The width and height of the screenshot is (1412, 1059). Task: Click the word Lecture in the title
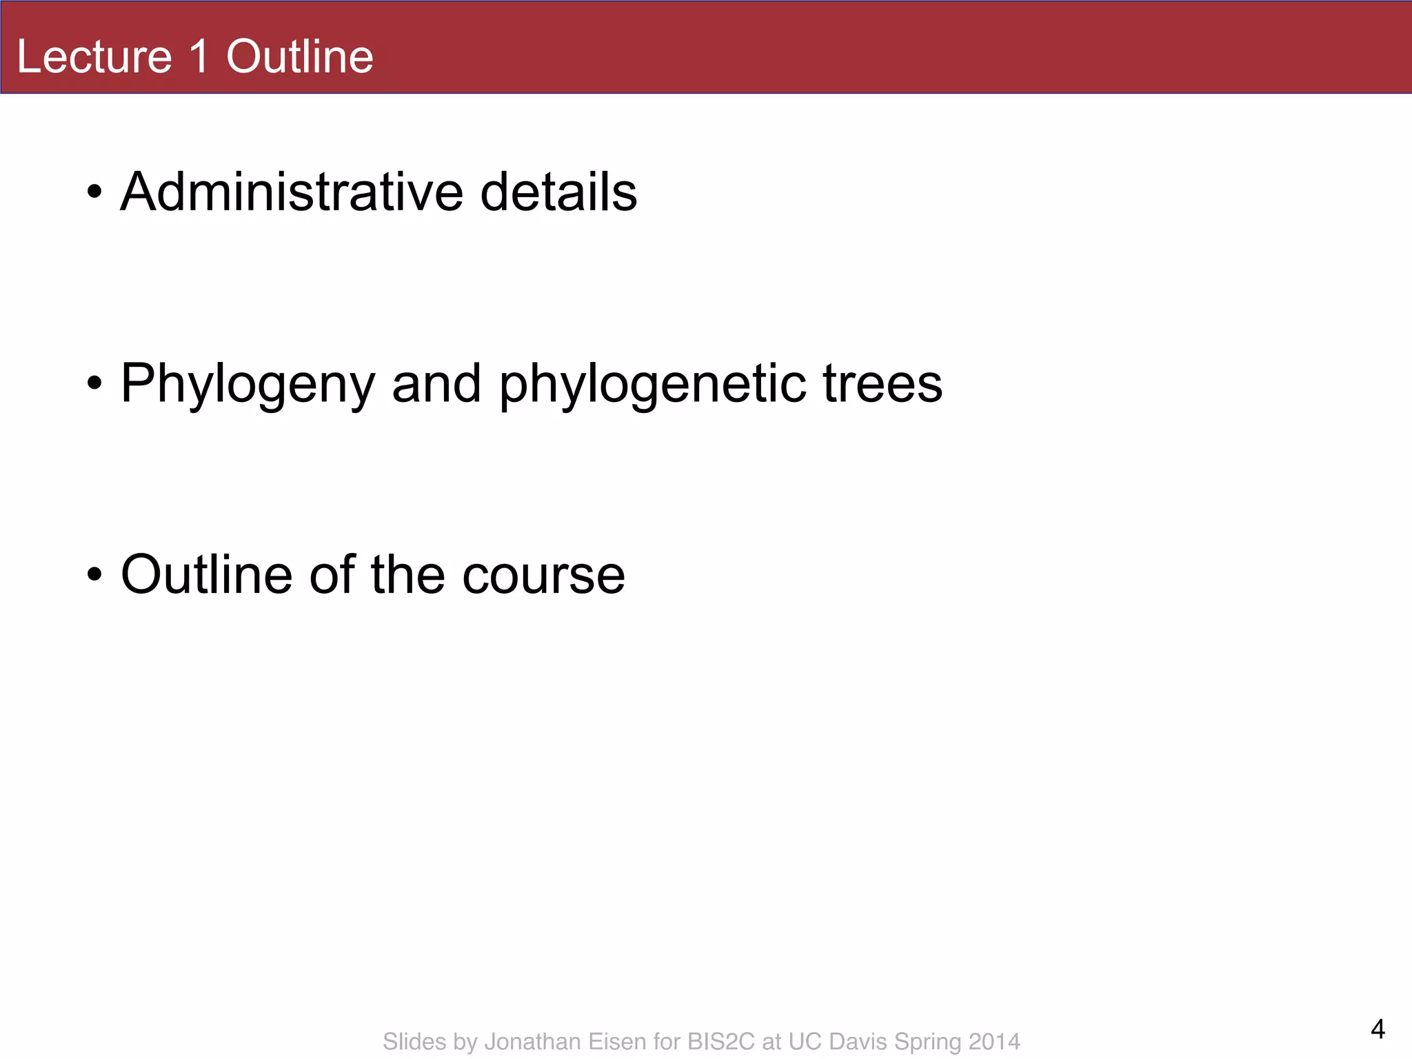[94, 57]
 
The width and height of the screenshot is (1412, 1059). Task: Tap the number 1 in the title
[199, 57]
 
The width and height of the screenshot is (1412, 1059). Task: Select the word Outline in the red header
[300, 57]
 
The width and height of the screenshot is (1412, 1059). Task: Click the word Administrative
[292, 192]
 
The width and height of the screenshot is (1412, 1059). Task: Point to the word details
[558, 192]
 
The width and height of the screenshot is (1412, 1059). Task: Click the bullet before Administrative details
[95, 192]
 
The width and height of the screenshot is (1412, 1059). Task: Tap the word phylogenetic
[652, 385]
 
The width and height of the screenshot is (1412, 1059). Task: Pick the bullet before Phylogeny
[95, 383]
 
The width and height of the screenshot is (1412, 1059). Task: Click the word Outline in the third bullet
[206, 574]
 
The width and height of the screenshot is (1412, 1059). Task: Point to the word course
[543, 576]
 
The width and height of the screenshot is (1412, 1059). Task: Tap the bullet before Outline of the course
[95, 574]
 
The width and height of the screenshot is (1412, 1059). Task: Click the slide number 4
[1378, 1029]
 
